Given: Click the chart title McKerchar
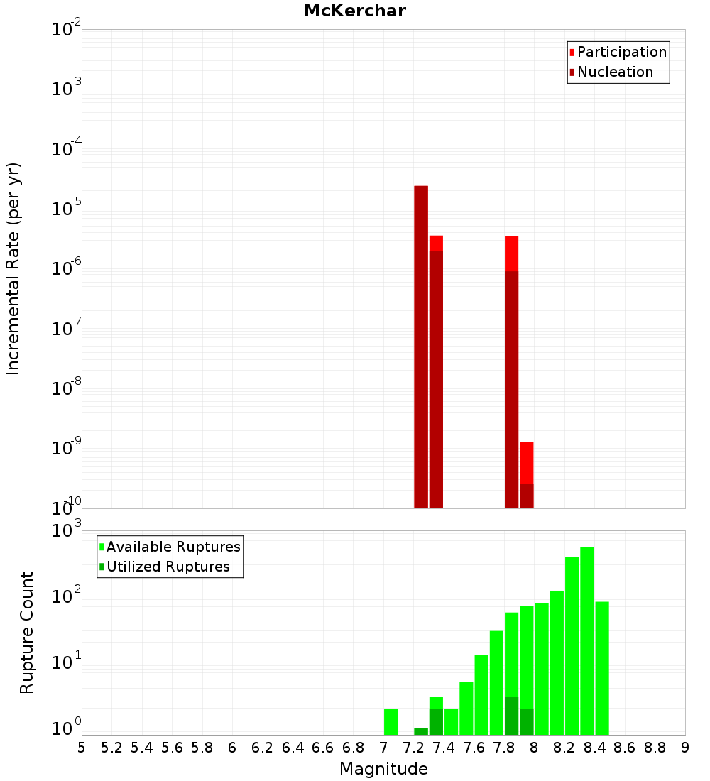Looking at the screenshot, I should (355, 11).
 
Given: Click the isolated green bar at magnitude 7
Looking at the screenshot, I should (390, 721).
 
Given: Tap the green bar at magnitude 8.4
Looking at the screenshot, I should (602, 667).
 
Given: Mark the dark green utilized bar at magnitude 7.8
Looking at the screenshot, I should (511, 716).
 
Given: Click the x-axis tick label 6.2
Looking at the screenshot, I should (263, 748).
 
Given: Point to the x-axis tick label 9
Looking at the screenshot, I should (685, 748).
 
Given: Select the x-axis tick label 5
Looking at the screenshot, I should (82, 748).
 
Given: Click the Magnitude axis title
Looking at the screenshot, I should (383, 769).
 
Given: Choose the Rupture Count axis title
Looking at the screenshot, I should (27, 632).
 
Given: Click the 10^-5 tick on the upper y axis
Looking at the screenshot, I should (67, 209).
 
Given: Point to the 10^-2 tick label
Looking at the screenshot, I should (67, 30).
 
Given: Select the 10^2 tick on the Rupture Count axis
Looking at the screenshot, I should (67, 596).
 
